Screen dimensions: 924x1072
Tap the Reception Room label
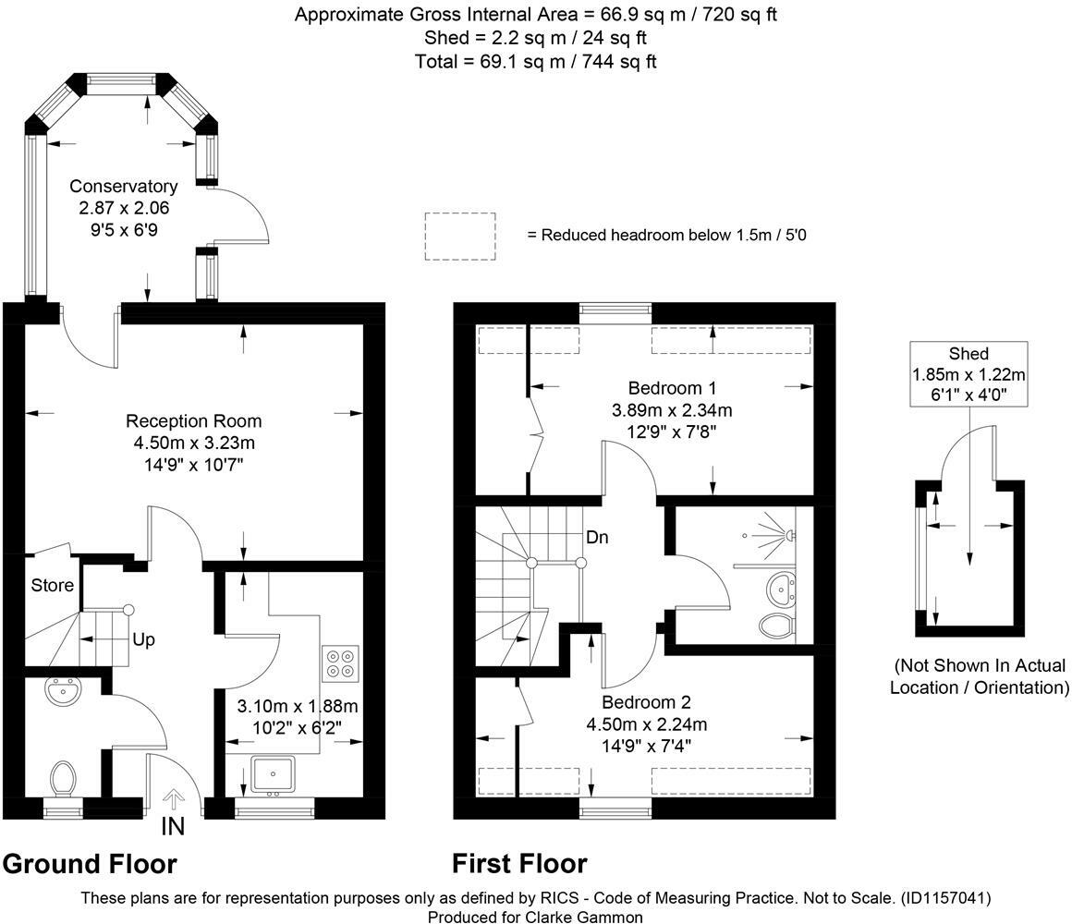pyautogui.click(x=194, y=421)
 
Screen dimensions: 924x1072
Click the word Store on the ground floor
pyautogui.click(x=52, y=585)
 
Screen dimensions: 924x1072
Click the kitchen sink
pyautogui.click(x=272, y=774)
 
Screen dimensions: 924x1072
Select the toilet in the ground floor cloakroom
pyautogui.click(x=64, y=778)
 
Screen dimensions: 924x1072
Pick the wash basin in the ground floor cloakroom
pyautogui.click(x=63, y=690)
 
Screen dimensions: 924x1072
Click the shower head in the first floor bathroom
pyautogui.click(x=790, y=535)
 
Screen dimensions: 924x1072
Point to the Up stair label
pyautogui.click(x=142, y=639)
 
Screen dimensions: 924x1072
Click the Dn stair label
pyautogui.click(x=596, y=537)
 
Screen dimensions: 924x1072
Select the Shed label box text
pyautogui.click(x=968, y=354)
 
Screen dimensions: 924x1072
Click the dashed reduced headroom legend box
pyautogui.click(x=460, y=236)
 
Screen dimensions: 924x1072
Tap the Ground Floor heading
pyautogui.click(x=90, y=864)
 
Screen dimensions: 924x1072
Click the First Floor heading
pyautogui.click(x=519, y=864)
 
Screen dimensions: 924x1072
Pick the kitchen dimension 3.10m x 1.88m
pyautogui.click(x=297, y=707)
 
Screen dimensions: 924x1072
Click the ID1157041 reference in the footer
pyautogui.click(x=944, y=897)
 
